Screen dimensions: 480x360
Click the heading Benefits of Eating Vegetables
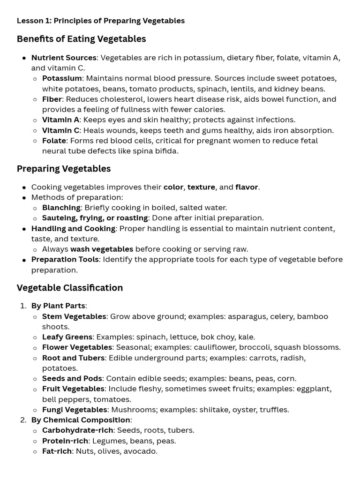point(81,39)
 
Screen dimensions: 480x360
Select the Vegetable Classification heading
point(70,288)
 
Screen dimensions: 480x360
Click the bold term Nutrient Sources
point(64,58)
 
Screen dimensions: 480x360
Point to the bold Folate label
point(54,141)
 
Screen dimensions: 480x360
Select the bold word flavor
point(247,187)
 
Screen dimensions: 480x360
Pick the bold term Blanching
point(61,207)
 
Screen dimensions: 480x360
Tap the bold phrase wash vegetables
point(101,249)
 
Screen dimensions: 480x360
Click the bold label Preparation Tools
point(65,259)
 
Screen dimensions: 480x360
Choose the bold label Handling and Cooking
point(73,228)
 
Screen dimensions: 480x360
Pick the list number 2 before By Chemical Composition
point(23,420)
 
